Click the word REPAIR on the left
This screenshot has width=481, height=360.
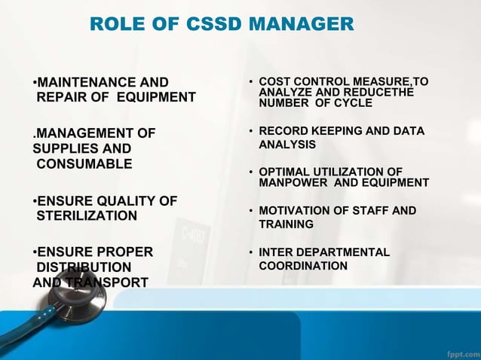point(62,97)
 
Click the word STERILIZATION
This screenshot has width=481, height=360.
point(87,216)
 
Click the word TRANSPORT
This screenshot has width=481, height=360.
point(106,282)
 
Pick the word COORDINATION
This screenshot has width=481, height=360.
point(303,266)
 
